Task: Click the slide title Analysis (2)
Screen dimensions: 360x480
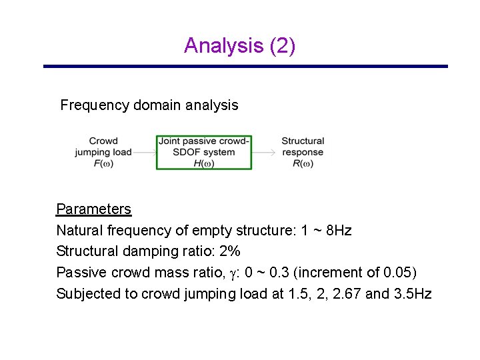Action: pyautogui.click(x=239, y=45)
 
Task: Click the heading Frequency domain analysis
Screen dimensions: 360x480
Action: pyautogui.click(x=149, y=105)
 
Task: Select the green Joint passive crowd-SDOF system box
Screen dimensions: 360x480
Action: pyautogui.click(x=204, y=152)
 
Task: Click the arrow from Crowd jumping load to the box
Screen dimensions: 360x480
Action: pyautogui.click(x=145, y=152)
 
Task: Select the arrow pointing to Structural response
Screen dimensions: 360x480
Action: pyautogui.click(x=265, y=152)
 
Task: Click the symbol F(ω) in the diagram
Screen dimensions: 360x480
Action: pyautogui.click(x=103, y=163)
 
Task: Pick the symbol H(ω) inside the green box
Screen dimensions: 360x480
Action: pyautogui.click(x=203, y=163)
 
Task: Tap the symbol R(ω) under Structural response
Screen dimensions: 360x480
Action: pyautogui.click(x=303, y=163)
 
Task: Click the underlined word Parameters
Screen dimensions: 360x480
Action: pyautogui.click(x=93, y=209)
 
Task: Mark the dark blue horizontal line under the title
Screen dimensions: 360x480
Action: pyautogui.click(x=245, y=67)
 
